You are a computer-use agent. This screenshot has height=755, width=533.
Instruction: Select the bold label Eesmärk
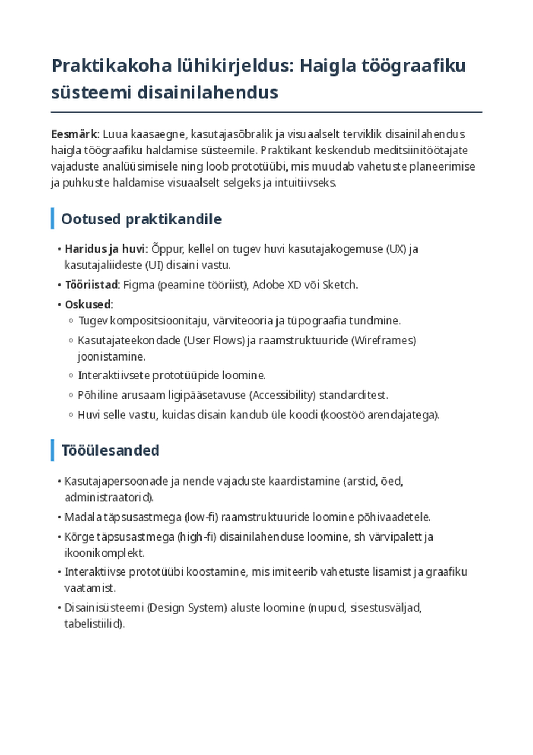[74, 134]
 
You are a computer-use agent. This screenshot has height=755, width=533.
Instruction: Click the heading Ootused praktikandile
[141, 219]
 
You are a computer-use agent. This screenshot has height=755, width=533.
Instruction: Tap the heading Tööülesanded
[110, 451]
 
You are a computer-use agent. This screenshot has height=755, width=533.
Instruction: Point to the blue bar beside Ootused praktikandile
[53, 219]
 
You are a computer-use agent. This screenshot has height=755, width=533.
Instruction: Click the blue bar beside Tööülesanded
[53, 450]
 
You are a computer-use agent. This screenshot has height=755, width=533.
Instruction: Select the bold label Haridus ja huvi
[106, 249]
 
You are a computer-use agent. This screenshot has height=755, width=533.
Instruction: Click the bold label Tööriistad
[92, 285]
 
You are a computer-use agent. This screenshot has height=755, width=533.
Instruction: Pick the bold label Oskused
[89, 304]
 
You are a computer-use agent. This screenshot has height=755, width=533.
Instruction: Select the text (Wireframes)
[383, 341]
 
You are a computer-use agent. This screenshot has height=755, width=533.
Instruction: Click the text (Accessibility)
[282, 396]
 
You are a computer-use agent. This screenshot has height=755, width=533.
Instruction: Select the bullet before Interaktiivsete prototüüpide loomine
[71, 376]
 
